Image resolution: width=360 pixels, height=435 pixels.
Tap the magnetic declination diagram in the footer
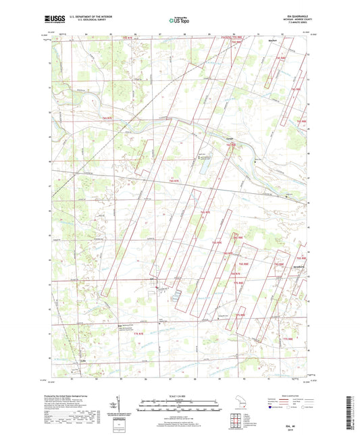click(x=120, y=409)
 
